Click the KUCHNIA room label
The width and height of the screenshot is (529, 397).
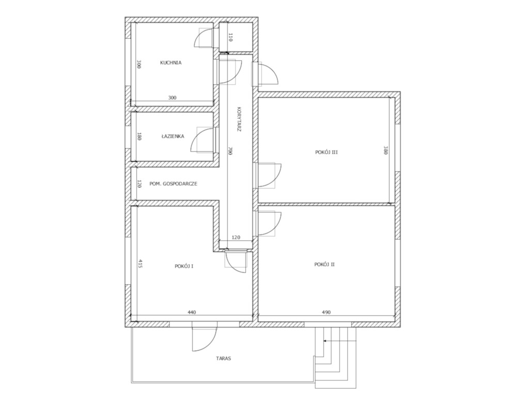(170, 63)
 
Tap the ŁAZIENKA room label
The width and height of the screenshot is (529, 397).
(173, 136)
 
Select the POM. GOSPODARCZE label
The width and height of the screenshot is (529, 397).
(174, 184)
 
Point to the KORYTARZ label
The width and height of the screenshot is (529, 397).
(239, 119)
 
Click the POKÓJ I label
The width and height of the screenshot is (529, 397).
(184, 266)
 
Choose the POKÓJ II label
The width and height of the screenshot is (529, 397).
(324, 264)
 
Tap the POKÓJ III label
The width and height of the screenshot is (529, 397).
(326, 152)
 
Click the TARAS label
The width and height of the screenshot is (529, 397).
(224, 359)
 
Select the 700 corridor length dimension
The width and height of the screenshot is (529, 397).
(230, 150)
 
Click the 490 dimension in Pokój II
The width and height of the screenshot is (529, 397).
(326, 312)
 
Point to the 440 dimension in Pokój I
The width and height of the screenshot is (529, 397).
(192, 312)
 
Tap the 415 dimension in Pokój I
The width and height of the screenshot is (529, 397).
(141, 264)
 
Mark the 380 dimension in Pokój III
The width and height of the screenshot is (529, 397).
(385, 150)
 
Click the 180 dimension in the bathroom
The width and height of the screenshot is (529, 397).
(139, 136)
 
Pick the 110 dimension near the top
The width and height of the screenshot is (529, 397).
(230, 37)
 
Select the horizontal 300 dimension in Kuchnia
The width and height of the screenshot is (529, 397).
(172, 98)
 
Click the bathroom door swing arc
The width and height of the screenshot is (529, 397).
(197, 136)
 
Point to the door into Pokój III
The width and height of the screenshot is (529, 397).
(269, 175)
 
